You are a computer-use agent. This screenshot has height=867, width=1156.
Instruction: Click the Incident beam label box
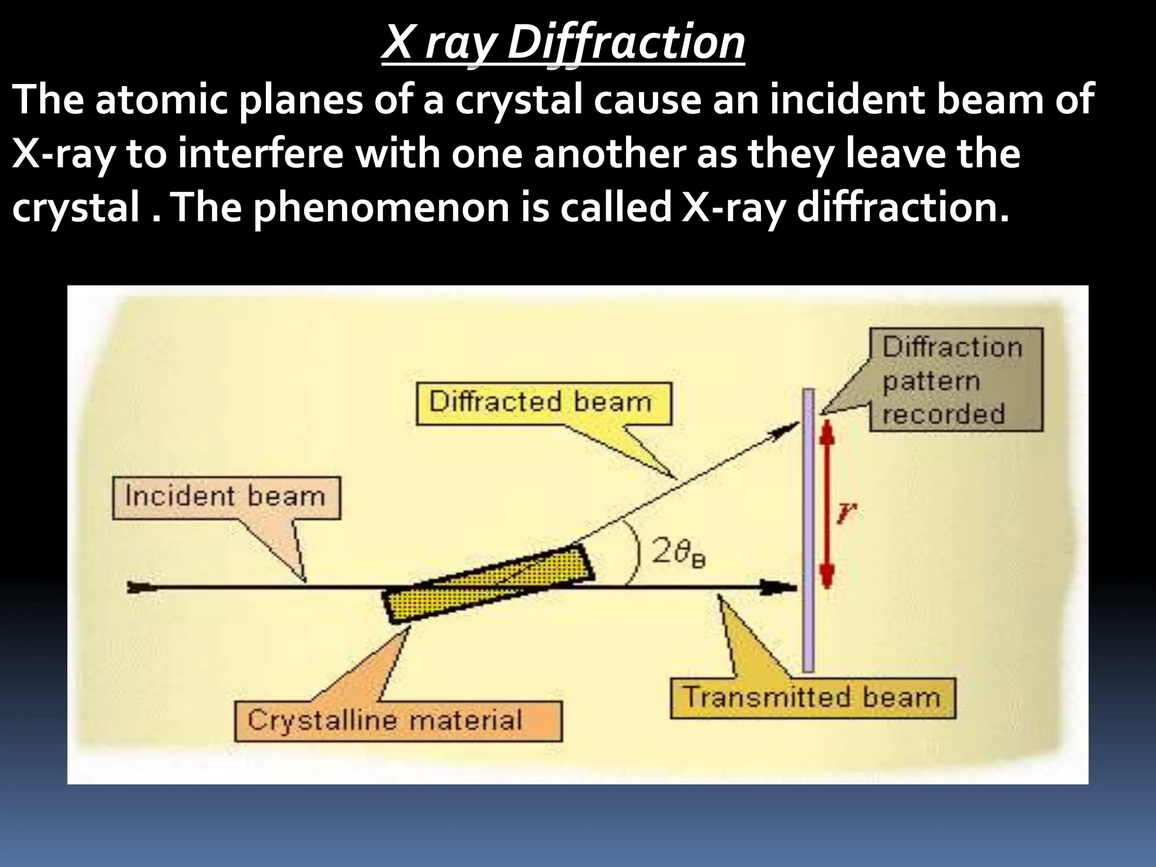click(226, 497)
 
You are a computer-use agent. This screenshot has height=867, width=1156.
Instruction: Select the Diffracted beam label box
click(544, 403)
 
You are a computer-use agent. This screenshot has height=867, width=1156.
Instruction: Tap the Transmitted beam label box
click(812, 698)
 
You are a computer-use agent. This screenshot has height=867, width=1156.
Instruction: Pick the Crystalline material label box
click(398, 721)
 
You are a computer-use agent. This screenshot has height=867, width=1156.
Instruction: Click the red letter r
click(846, 514)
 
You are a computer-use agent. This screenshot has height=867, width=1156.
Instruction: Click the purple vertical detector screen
click(809, 531)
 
